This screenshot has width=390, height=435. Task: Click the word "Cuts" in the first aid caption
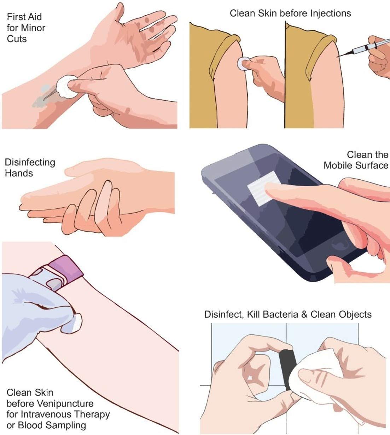point(17,39)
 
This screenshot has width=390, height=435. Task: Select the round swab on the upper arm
point(242,64)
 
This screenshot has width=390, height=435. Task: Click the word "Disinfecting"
point(30,162)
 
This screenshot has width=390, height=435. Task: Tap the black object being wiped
point(286,368)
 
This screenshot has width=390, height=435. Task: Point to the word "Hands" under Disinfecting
point(19,173)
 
